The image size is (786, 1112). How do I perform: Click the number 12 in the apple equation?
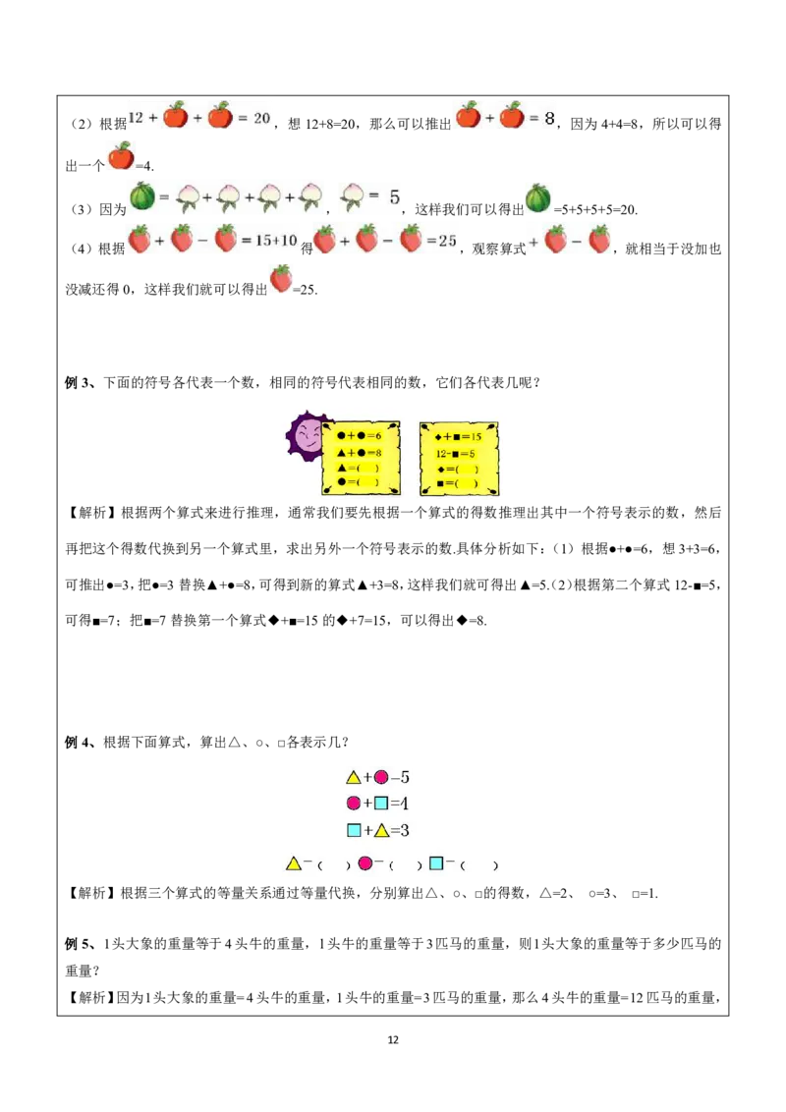pyautogui.click(x=137, y=117)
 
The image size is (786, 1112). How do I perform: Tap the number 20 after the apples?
pyautogui.click(x=261, y=117)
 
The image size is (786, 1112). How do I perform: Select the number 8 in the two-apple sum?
pyautogui.click(x=550, y=117)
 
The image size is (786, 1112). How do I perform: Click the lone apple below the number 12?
pyautogui.click(x=121, y=155)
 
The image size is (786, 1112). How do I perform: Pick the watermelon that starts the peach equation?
pyautogui.click(x=142, y=196)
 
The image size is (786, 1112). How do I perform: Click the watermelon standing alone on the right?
pyautogui.click(x=536, y=197)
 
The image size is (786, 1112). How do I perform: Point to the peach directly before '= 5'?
pyautogui.click(x=352, y=196)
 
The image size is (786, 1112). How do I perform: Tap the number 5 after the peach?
pyautogui.click(x=394, y=196)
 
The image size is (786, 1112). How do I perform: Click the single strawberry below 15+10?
pyautogui.click(x=282, y=279)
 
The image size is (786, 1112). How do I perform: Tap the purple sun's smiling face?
pyautogui.click(x=307, y=436)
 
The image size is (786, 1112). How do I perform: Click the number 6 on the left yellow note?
pyautogui.click(x=377, y=435)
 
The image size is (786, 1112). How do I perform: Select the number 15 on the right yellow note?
pyautogui.click(x=476, y=435)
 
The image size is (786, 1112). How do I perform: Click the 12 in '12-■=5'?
pyautogui.click(x=443, y=453)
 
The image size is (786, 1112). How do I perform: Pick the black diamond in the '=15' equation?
pyautogui.click(x=438, y=435)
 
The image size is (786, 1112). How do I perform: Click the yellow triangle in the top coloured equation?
pyautogui.click(x=354, y=777)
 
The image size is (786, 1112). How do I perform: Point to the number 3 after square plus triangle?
pyautogui.click(x=403, y=830)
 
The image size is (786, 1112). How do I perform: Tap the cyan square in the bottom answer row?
pyautogui.click(x=435, y=863)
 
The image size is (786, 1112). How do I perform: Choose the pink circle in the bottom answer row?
pyautogui.click(x=365, y=863)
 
